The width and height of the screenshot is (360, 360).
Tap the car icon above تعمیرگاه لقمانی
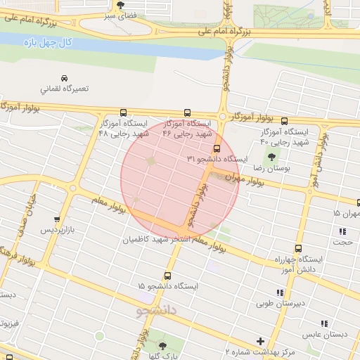tap(65, 77)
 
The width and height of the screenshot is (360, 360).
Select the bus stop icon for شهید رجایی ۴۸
tap(124, 112)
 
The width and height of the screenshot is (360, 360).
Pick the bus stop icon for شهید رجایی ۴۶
tap(187, 112)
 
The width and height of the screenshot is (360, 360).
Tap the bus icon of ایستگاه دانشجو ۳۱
tap(216, 148)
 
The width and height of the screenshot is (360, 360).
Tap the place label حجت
tap(343, 243)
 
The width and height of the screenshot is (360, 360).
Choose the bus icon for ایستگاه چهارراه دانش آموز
tap(298, 248)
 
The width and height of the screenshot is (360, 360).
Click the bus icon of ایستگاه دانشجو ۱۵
tap(167, 276)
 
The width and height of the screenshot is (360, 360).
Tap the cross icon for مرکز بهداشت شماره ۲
tap(261, 341)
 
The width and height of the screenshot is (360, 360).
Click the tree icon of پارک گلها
tap(163, 345)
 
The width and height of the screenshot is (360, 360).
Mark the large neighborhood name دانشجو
tap(157, 309)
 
